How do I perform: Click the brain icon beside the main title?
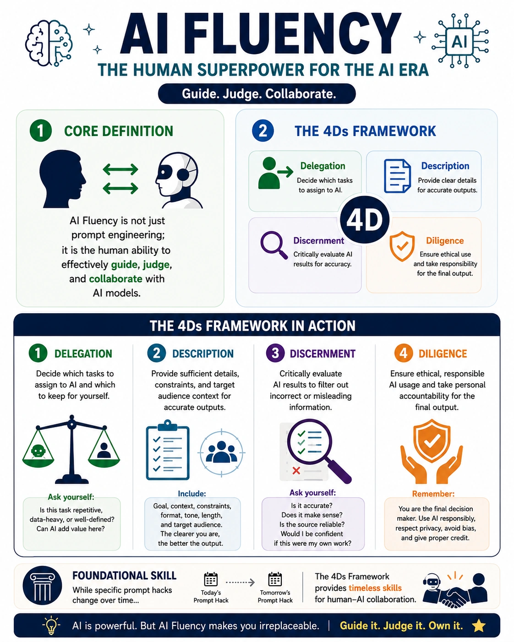point(49,43)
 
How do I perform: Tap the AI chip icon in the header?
point(459,42)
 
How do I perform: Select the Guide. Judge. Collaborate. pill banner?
point(257,94)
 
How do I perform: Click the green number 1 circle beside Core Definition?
point(41,131)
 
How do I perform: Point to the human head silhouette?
point(63,179)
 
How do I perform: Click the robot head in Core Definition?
point(179,180)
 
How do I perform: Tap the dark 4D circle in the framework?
point(365,220)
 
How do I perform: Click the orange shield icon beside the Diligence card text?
point(402,246)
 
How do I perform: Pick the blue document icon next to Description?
point(397,176)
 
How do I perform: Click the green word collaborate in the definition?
point(115,278)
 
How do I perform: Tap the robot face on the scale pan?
point(38,451)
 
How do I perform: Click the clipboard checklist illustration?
point(168,450)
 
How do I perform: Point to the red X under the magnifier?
point(296,471)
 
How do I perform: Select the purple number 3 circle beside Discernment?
point(275,353)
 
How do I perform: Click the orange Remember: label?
point(433,494)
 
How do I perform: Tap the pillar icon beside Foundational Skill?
point(43,585)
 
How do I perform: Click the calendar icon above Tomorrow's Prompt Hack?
point(275,579)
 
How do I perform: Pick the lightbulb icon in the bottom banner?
point(51,625)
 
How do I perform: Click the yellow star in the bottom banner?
point(479,626)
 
